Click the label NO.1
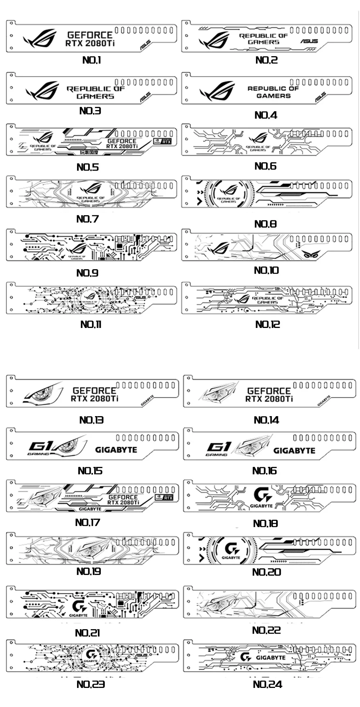point(92,60)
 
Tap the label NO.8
point(265,224)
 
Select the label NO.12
point(267,324)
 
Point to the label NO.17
point(87,522)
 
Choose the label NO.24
point(267,684)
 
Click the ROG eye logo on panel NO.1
point(40,39)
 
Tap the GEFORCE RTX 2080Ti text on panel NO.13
point(94,394)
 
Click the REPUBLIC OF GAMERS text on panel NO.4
point(273,92)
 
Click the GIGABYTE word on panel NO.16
point(294,450)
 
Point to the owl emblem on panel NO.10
point(310,254)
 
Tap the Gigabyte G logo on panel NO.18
point(262,495)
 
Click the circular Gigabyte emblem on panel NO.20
point(231,550)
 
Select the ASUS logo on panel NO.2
point(309,41)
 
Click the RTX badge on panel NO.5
point(162,141)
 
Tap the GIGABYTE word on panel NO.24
point(271,657)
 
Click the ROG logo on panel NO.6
point(258,138)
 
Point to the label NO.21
point(87,632)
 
